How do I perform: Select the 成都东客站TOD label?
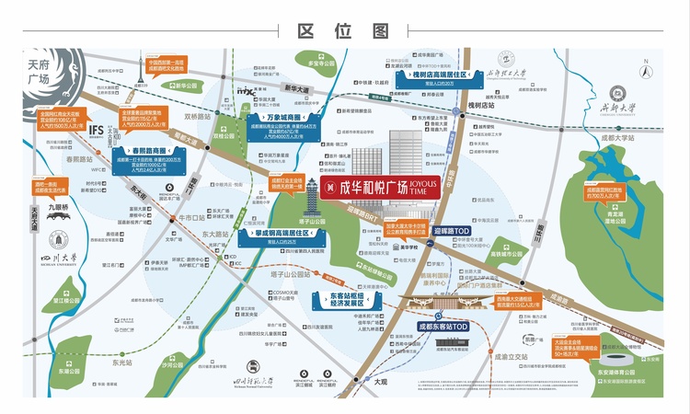coord(443,327)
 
